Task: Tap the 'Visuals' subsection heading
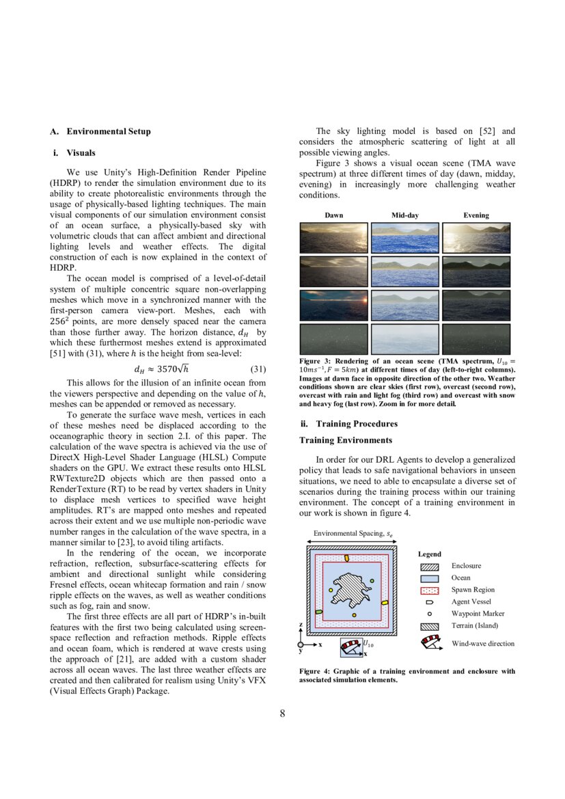(x=81, y=152)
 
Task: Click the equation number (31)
(x=259, y=370)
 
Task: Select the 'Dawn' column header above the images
(x=334, y=215)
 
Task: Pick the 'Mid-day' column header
(x=404, y=215)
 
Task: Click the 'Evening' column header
(x=476, y=215)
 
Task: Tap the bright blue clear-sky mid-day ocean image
(x=405, y=239)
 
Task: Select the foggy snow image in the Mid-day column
(x=405, y=338)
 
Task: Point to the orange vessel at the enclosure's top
(x=346, y=558)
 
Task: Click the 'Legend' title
(x=430, y=554)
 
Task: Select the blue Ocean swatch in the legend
(x=429, y=578)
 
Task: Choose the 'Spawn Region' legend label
(x=473, y=590)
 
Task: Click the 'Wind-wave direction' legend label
(x=483, y=644)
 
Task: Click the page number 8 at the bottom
(x=282, y=714)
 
